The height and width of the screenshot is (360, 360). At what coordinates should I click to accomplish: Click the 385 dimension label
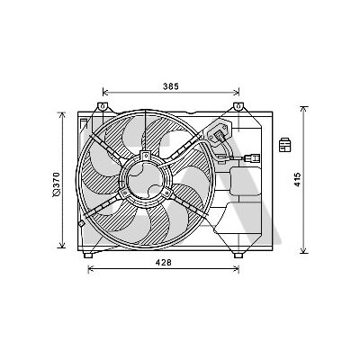click(171, 86)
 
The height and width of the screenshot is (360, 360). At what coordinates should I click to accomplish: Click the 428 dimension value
click(164, 262)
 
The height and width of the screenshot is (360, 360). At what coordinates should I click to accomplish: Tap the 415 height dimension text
click(297, 179)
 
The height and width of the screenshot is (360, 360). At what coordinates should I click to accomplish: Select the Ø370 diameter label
click(57, 184)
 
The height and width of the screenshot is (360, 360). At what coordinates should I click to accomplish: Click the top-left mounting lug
click(102, 106)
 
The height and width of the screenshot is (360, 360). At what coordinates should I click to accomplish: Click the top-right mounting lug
click(238, 106)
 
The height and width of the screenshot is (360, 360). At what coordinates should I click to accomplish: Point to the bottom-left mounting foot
click(88, 255)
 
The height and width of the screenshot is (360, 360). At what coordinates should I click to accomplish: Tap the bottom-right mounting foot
click(238, 255)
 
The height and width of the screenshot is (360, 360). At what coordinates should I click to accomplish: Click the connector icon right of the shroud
click(284, 145)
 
